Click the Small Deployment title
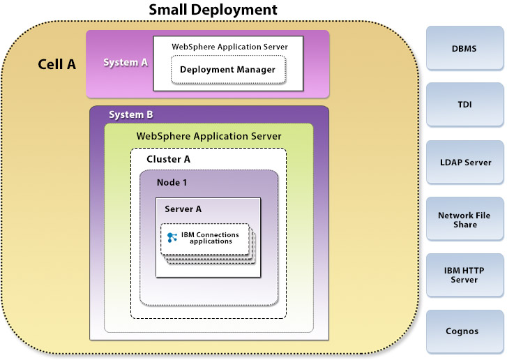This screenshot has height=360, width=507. point(213,10)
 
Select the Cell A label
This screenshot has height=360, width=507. point(56,64)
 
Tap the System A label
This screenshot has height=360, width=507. point(126,62)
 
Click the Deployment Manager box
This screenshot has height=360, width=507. point(227,70)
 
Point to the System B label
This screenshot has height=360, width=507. point(131,114)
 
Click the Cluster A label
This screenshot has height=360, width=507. point(168,159)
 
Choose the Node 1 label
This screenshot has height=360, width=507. point(172,182)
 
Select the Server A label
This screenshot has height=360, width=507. point(183,209)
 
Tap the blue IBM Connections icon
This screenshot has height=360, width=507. point(172,238)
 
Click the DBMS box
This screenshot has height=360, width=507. point(464,48)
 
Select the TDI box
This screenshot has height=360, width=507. point(464,105)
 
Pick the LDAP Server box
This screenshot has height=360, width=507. point(464,162)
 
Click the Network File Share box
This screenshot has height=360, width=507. point(464,220)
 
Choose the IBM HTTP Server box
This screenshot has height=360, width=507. point(464,275)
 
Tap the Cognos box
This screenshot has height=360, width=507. point(464,331)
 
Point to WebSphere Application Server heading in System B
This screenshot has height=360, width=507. point(209,136)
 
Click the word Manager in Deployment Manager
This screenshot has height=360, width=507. point(255,70)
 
